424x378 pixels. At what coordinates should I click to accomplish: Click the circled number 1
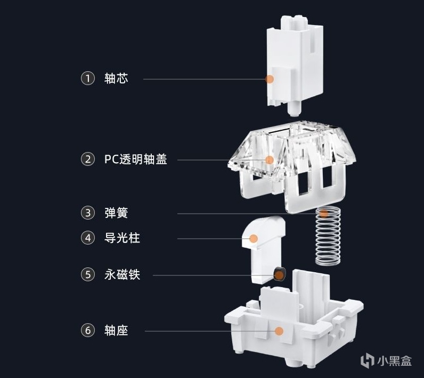click(x=87, y=79)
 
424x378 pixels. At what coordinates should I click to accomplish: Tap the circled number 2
click(x=87, y=159)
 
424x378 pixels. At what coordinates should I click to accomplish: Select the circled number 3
click(x=87, y=213)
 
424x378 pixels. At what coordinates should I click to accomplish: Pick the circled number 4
click(x=87, y=238)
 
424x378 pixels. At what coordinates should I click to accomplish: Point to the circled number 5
click(x=87, y=275)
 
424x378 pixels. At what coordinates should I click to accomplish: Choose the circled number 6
click(x=87, y=331)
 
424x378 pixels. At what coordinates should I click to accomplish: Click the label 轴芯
click(x=116, y=79)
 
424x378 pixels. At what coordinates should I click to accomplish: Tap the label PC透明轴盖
click(x=135, y=159)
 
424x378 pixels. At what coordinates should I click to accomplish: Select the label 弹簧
click(x=116, y=213)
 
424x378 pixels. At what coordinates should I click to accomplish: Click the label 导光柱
click(x=122, y=238)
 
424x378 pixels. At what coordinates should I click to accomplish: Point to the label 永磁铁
click(x=122, y=275)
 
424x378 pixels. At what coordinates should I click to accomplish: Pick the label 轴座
click(x=116, y=331)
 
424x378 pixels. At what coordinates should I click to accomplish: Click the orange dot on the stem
click(x=270, y=79)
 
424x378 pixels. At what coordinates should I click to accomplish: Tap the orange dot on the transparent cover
click(x=270, y=159)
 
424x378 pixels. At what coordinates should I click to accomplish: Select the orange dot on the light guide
click(x=254, y=239)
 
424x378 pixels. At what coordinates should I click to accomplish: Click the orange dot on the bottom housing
click(x=278, y=331)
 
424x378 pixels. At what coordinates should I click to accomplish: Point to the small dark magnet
click(x=279, y=274)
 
